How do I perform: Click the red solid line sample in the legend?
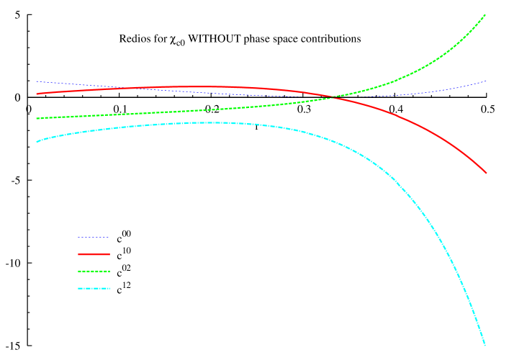click(94, 254)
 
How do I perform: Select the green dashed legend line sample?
click(94, 271)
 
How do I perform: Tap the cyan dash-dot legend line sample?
click(94, 289)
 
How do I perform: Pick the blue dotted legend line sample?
click(94, 237)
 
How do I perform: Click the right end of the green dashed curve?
click(485, 14)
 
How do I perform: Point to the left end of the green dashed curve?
click(37, 118)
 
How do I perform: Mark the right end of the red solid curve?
click(487, 173)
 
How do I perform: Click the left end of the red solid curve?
click(37, 94)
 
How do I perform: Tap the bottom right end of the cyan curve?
click(485, 345)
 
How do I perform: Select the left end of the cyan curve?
click(37, 142)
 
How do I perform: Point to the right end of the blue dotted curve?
click(487, 81)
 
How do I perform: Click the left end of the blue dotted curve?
click(37, 81)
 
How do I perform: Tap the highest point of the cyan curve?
click(205, 122)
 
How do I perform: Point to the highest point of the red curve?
click(194, 86)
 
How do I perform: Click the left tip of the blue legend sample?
click(78, 237)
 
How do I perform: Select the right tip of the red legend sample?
click(109, 254)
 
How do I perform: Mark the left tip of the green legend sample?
click(78, 271)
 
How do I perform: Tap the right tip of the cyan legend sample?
click(109, 289)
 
